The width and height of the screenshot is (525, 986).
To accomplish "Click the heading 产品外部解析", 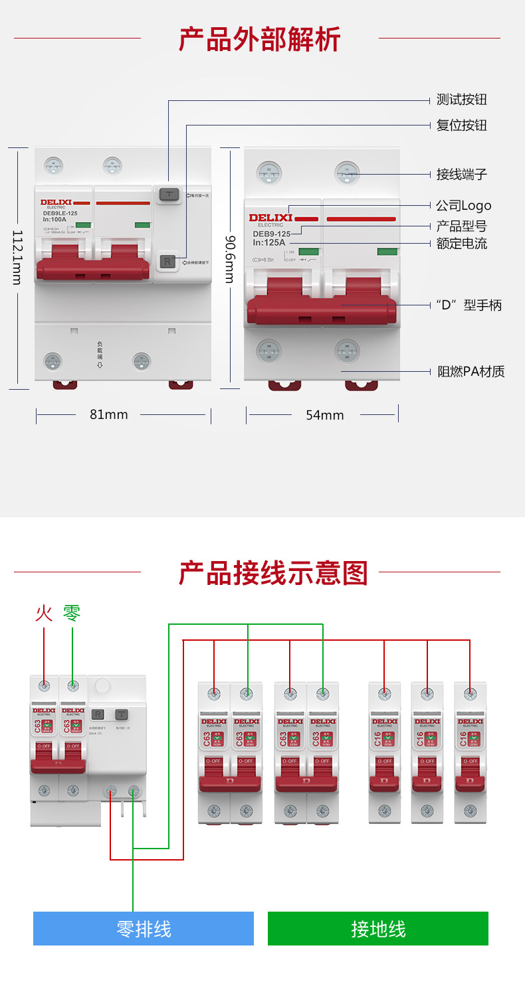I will pyautogui.click(x=260, y=39).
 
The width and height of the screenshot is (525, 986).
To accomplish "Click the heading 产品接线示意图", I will pyautogui.click(x=273, y=572).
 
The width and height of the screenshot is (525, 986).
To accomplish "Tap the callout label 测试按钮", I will pyautogui.click(x=461, y=100).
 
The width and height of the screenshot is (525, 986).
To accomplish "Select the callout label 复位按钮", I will pyautogui.click(x=461, y=125).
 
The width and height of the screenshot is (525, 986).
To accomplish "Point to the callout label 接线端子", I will pyautogui.click(x=461, y=174).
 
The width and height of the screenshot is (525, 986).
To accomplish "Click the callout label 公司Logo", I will pyautogui.click(x=463, y=206).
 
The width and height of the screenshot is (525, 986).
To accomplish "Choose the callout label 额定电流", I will pyautogui.click(x=461, y=244).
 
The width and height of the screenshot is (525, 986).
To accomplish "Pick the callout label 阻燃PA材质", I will pyautogui.click(x=471, y=371).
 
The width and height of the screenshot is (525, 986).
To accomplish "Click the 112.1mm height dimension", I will pyautogui.click(x=18, y=258).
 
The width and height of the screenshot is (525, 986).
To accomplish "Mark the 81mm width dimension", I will pyautogui.click(x=108, y=414).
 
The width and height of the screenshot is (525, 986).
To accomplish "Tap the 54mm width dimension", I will pyautogui.click(x=325, y=415).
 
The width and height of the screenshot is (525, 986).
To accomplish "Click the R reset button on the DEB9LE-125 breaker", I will pyautogui.click(x=167, y=262).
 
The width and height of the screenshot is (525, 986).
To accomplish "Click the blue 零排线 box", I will pyautogui.click(x=144, y=928).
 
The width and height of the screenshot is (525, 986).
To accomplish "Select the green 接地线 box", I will pyautogui.click(x=377, y=928).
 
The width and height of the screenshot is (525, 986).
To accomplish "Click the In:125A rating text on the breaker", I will pyautogui.click(x=268, y=242).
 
